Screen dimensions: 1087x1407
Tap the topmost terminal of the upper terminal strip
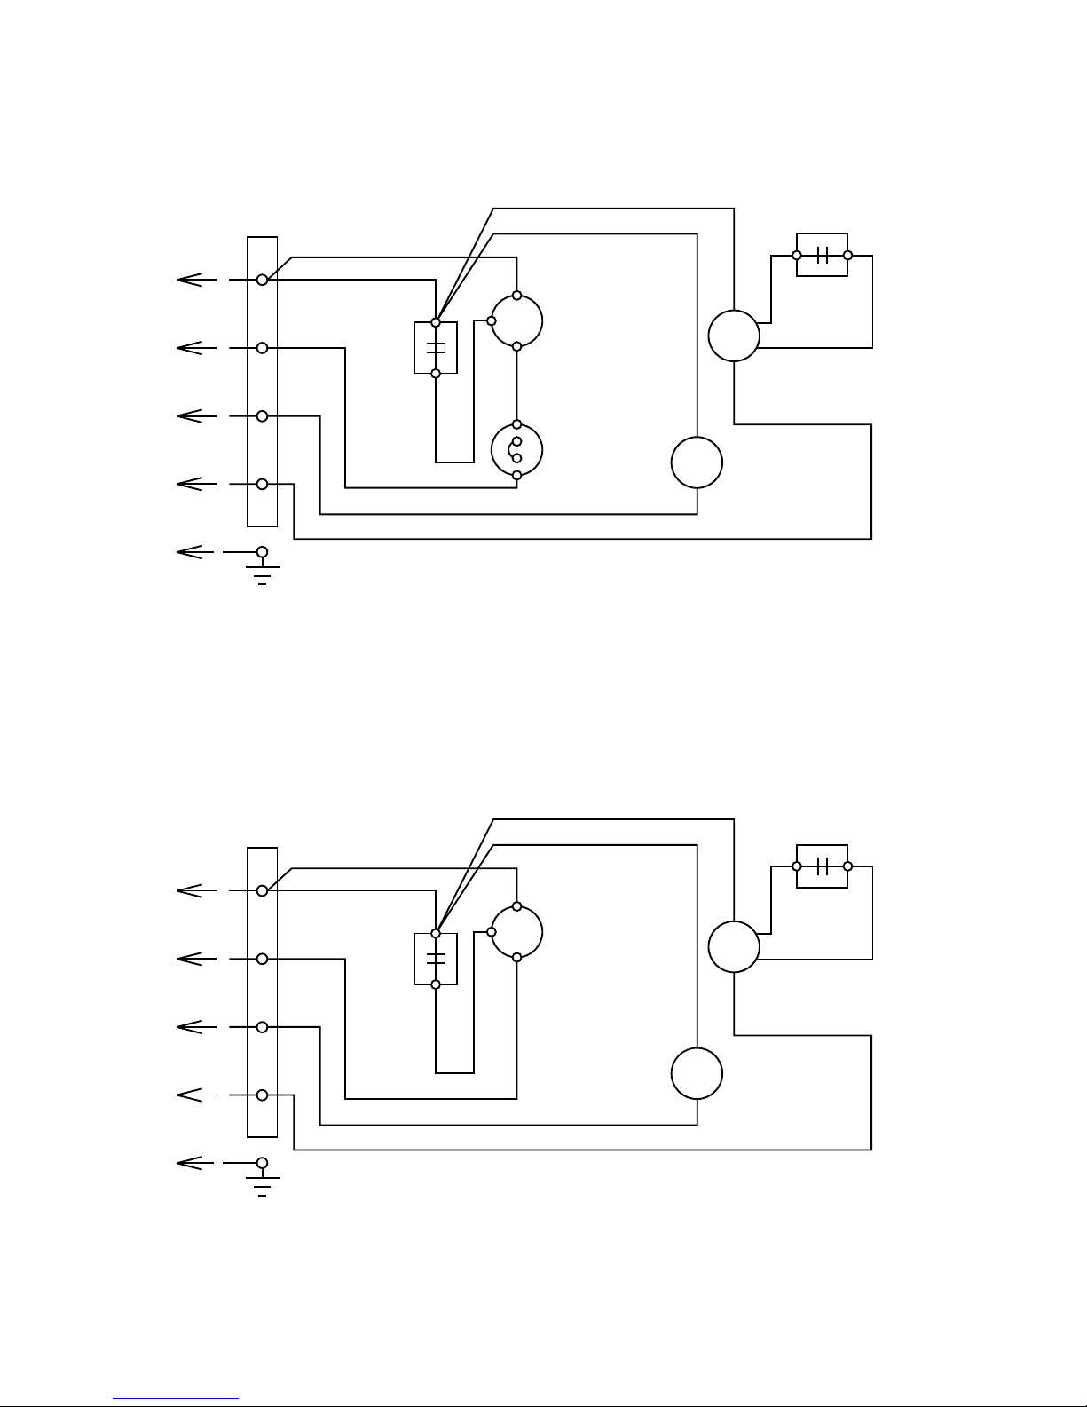coord(262,280)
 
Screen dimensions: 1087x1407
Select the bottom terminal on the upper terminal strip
coord(262,484)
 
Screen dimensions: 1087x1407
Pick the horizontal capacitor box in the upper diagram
coord(823,255)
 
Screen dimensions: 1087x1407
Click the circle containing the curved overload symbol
coord(516,450)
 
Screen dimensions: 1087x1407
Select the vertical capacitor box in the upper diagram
coord(436,348)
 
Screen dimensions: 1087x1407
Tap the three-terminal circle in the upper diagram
coord(516,320)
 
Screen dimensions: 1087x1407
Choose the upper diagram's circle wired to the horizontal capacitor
coord(734,336)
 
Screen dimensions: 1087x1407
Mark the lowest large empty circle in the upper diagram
coord(697,462)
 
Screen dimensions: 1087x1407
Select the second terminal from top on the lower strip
coord(262,959)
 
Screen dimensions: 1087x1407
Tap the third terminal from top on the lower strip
coord(262,1027)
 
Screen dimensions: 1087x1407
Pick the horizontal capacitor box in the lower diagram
coord(823,866)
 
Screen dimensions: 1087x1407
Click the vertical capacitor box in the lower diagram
coord(436,959)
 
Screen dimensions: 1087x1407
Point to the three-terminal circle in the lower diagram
coord(516,932)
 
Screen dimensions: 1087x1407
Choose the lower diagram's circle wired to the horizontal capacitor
coord(734,947)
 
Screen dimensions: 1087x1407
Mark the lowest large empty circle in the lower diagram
coord(697,1073)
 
